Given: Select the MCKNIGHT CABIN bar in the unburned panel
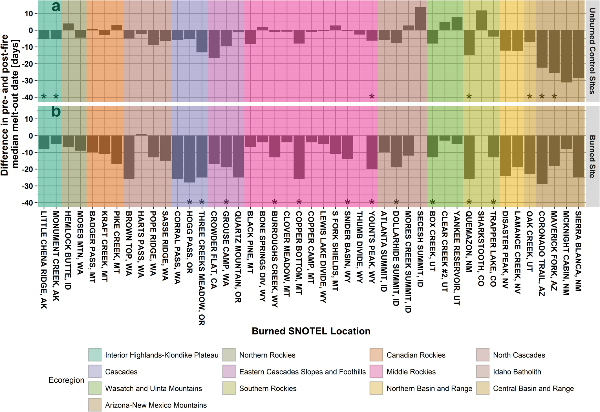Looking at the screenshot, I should (x=566, y=56).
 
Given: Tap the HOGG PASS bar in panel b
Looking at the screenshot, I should (x=190, y=159).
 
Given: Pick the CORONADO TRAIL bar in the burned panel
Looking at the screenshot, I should (x=542, y=160).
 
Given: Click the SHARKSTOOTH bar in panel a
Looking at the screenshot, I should (x=481, y=20).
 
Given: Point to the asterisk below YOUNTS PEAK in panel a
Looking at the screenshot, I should (x=372, y=97).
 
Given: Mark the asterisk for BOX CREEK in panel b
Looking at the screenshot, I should (x=433, y=202).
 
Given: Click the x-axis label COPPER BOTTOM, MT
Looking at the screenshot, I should (x=299, y=253).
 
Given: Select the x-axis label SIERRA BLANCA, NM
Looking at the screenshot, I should (x=578, y=251).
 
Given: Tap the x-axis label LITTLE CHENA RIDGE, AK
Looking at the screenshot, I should (x=44, y=260).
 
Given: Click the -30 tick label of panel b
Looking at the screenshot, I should (x=27, y=186).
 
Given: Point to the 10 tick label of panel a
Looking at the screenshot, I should (x=29, y=14).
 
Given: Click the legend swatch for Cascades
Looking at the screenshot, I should (x=95, y=372).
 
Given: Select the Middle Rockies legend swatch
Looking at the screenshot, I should (x=376, y=372).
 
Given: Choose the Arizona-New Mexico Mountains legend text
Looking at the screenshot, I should (x=156, y=405).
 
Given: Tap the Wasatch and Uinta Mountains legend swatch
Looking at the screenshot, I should (x=95, y=388).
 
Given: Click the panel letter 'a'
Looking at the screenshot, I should (x=56, y=7).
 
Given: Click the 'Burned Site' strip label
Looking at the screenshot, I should (x=592, y=156).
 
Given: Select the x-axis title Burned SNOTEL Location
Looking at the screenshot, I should (x=311, y=331).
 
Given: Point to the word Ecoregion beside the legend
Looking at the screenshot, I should (x=66, y=380).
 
